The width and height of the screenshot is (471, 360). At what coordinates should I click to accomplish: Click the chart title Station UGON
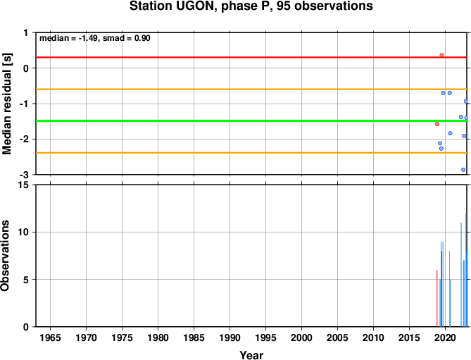point(251,6)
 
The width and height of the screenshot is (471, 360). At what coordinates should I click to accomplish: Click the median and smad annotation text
point(95,38)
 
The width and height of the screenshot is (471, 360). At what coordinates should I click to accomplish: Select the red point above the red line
point(441,55)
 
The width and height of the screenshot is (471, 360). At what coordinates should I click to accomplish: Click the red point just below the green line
point(437,124)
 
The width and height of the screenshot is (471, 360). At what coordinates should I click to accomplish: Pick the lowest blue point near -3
point(463,170)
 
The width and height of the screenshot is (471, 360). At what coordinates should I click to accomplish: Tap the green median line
point(251,120)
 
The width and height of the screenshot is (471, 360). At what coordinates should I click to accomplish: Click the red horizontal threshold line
point(251,57)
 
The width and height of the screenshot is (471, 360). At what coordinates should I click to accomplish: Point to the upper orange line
point(251,89)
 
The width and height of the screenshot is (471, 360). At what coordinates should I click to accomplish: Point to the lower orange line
point(251,153)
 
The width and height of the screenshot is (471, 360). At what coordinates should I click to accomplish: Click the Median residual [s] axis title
point(6,104)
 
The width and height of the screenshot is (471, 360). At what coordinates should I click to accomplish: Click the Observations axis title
point(5,256)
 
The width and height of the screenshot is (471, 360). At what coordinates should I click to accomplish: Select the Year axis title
point(251,355)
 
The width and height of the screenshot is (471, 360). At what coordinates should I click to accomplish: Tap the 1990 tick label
point(230,337)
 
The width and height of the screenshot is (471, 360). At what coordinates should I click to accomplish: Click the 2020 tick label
point(445,337)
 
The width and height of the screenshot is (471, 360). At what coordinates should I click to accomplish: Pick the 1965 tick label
point(50,337)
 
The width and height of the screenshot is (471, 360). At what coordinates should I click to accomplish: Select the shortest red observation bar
point(437,299)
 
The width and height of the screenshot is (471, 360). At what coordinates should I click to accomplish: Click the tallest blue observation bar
point(466,270)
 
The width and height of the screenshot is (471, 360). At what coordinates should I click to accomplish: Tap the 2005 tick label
point(337,337)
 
